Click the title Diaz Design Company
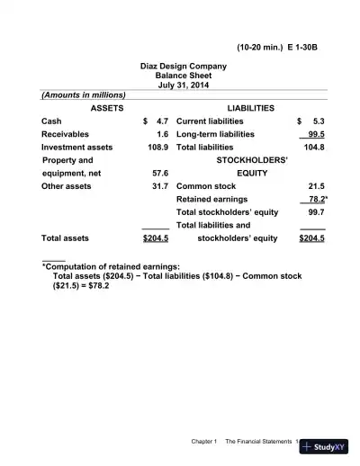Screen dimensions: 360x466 183,67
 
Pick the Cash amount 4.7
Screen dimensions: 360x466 162,121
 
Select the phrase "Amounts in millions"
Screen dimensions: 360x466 84,94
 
